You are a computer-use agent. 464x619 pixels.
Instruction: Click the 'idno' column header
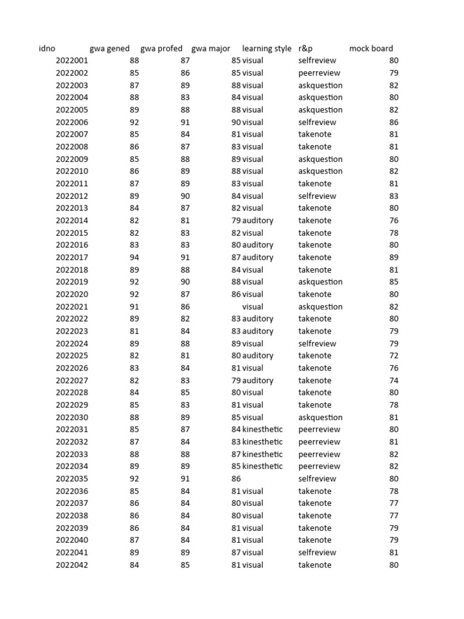click(47, 48)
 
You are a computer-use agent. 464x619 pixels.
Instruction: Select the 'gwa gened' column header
click(109, 48)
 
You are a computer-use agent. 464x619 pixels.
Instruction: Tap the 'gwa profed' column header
click(161, 48)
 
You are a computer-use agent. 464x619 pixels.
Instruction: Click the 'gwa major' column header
click(211, 48)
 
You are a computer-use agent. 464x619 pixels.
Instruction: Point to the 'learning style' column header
click(266, 48)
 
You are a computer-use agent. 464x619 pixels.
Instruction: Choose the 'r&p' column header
click(306, 48)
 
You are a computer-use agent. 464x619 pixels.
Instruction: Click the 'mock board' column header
click(371, 48)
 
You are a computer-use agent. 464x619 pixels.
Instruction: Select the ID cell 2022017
click(72, 258)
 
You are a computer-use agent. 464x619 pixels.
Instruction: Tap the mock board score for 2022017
click(393, 258)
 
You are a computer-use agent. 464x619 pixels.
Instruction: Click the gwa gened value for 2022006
click(134, 122)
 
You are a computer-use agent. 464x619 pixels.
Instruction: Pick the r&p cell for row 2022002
click(319, 73)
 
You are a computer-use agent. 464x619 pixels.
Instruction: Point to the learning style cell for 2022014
click(257, 221)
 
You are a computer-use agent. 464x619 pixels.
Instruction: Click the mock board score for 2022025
click(393, 355)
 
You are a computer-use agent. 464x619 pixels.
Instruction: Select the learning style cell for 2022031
click(262, 429)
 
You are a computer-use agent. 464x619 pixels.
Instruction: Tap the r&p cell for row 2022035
click(317, 479)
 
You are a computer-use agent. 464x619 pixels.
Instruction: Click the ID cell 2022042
click(72, 565)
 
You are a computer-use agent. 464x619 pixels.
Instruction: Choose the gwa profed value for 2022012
click(185, 196)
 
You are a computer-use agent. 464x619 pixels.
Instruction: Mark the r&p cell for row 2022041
click(317, 553)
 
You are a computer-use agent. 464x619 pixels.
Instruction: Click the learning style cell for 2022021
click(253, 306)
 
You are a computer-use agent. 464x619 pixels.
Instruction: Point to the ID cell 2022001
click(72, 60)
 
